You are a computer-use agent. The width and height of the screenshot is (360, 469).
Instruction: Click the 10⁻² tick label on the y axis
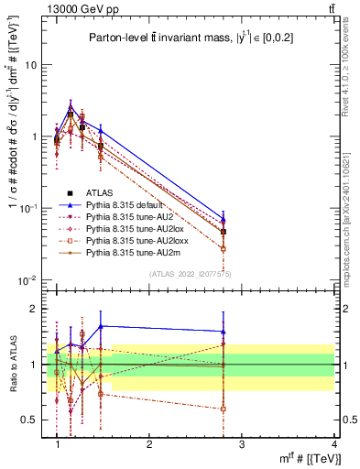pos(32,280)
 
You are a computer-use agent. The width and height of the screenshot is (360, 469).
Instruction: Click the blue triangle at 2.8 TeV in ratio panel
pos(224,332)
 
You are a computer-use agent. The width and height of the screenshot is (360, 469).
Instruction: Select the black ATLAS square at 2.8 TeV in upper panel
pos(224,232)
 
